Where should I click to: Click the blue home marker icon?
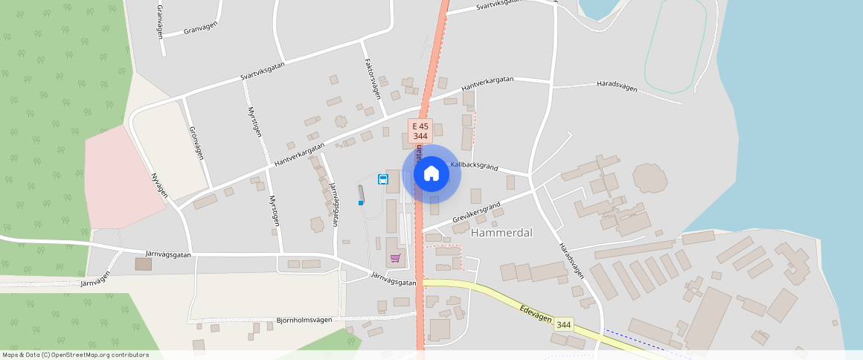click(431, 174)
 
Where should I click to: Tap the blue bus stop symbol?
click(382, 179)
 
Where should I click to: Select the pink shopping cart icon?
click(395, 258)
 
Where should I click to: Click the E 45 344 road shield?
click(420, 132)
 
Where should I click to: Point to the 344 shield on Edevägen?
click(564, 324)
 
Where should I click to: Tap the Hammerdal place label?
click(501, 233)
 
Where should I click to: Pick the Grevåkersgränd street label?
click(476, 211)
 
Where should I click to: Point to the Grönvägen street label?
click(196, 144)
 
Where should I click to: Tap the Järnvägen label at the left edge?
click(94, 279)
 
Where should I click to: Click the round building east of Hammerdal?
click(649, 179)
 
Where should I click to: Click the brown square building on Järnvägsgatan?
click(143, 264)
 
